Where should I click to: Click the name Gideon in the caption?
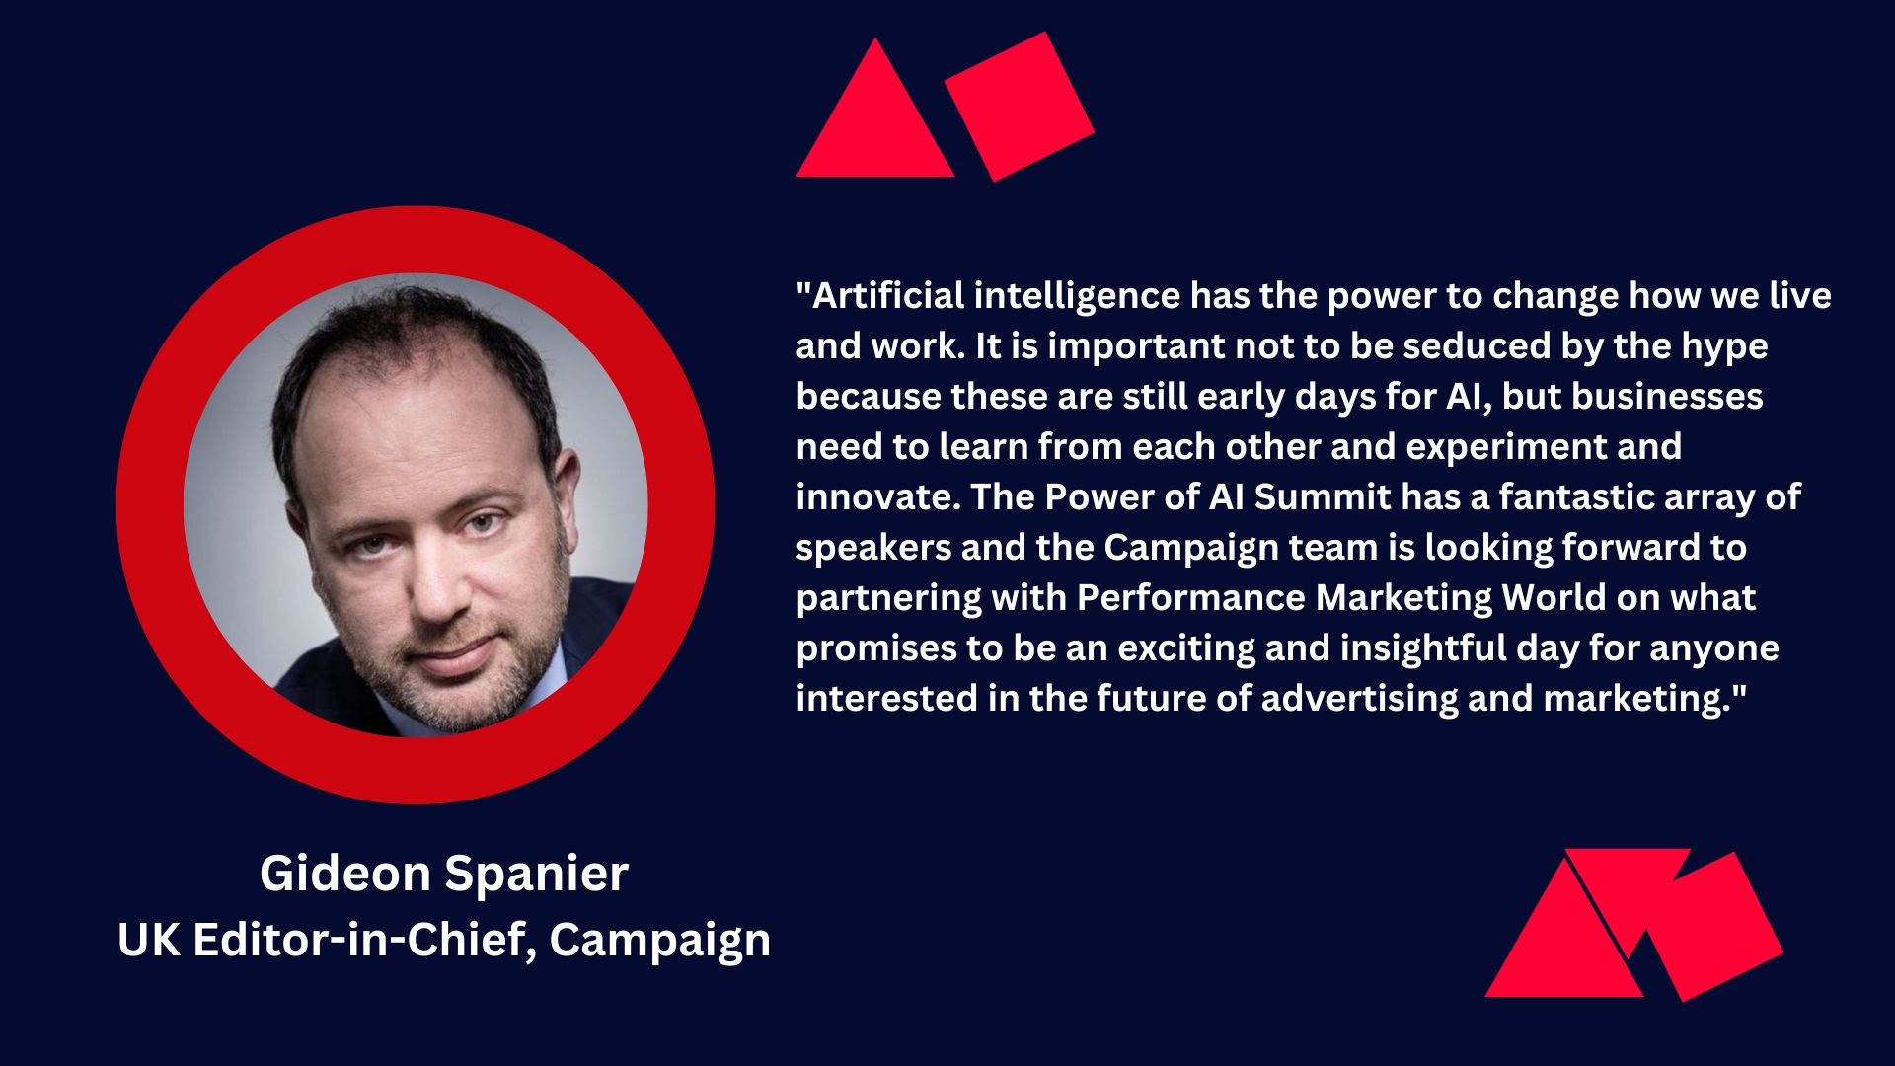coord(344,873)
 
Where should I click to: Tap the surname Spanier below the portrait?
coord(536,875)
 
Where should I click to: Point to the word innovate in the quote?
coord(878,496)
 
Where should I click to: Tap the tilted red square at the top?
coord(1020,107)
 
